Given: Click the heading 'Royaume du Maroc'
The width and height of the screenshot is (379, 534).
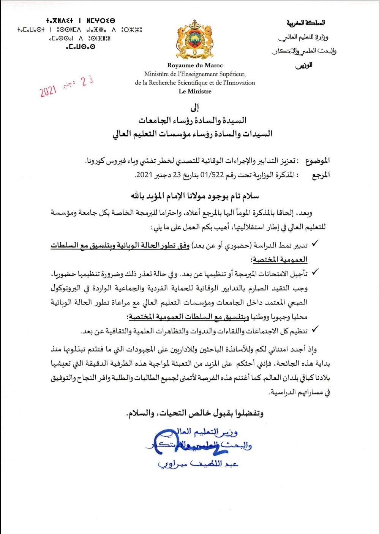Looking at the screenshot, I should (195, 65).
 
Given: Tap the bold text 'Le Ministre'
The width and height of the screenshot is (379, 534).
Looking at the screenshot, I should (195, 91).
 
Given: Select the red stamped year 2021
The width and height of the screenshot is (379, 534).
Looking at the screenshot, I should (48, 91).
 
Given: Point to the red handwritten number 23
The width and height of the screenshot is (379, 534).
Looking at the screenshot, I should (87, 81).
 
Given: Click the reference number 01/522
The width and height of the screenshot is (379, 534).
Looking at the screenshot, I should (215, 175).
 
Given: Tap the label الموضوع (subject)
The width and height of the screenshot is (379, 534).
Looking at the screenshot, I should (317, 161).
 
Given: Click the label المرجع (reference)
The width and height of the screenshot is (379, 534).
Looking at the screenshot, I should (321, 175).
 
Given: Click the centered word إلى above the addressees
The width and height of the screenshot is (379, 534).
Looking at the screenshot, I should (195, 108).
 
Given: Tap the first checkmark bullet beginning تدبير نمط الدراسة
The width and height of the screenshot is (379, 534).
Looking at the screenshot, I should (314, 244).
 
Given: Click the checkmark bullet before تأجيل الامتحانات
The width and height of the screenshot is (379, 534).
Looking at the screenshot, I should (314, 272).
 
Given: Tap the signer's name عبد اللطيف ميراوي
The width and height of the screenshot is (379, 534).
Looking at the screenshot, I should (198, 464).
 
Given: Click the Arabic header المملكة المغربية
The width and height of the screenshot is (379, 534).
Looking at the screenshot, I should (306, 23).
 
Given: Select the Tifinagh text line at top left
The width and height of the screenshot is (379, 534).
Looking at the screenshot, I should (81, 21).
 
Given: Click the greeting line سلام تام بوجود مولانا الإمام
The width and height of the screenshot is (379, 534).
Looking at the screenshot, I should (195, 196).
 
